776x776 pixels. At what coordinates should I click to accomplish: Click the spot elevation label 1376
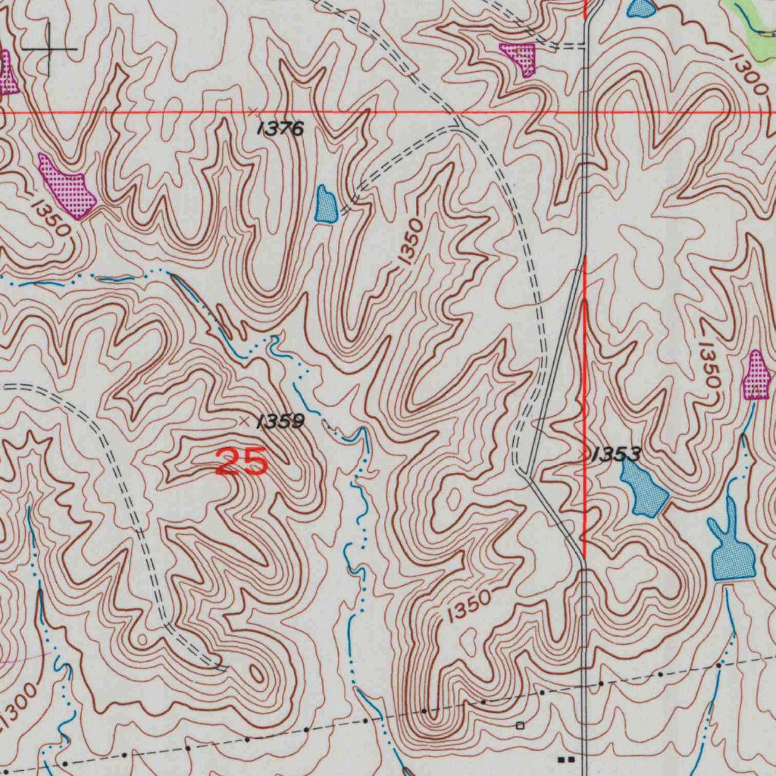click(x=280, y=129)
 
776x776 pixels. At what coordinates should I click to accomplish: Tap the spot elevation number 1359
click(x=280, y=422)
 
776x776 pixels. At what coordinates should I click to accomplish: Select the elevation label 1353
click(x=615, y=455)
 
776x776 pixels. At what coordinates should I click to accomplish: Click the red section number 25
click(x=242, y=462)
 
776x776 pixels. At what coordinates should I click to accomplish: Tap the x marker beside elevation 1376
click(x=253, y=112)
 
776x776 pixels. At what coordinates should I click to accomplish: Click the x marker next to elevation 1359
click(x=244, y=419)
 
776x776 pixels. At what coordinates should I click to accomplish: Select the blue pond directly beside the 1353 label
click(x=643, y=490)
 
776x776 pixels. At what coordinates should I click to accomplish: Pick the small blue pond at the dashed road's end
click(x=326, y=205)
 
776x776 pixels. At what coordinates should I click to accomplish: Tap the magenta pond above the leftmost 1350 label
click(x=67, y=186)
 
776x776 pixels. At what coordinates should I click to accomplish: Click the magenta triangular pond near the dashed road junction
click(x=519, y=58)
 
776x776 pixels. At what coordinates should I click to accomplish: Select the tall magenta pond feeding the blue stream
click(x=757, y=376)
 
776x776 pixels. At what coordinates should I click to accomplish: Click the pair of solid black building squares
click(x=565, y=758)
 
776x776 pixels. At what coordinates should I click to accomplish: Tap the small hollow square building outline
click(x=520, y=725)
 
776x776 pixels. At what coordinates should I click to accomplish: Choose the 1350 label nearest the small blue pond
click(x=409, y=242)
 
